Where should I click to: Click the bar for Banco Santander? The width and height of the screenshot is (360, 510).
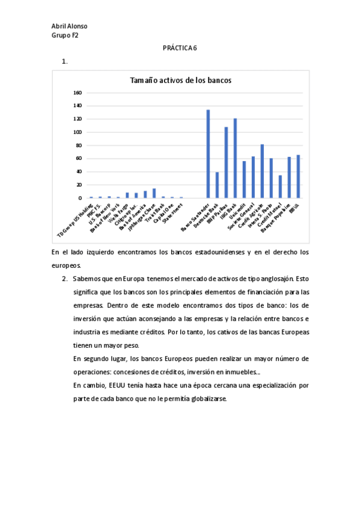pyautogui.click(x=208, y=154)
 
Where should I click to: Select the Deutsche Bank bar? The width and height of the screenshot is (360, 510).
pyautogui.click(x=217, y=185)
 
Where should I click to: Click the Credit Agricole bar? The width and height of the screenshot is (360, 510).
pyautogui.click(x=262, y=171)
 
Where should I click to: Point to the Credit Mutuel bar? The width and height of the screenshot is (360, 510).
pyautogui.click(x=280, y=186)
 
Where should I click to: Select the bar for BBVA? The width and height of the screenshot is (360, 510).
pyautogui.click(x=298, y=176)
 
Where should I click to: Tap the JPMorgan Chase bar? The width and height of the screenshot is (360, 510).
pyautogui.click(x=154, y=193)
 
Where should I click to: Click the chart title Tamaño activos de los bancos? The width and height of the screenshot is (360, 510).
pyautogui.click(x=181, y=81)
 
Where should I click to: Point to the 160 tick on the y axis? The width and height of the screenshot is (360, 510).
pyautogui.click(x=77, y=93)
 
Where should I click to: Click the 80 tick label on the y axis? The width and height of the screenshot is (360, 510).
pyautogui.click(x=78, y=145)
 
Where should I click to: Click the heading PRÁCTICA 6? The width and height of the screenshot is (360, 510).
pyautogui.click(x=180, y=48)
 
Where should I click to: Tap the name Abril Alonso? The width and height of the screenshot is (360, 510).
pyautogui.click(x=70, y=26)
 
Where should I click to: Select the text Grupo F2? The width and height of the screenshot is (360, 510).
pyautogui.click(x=65, y=35)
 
